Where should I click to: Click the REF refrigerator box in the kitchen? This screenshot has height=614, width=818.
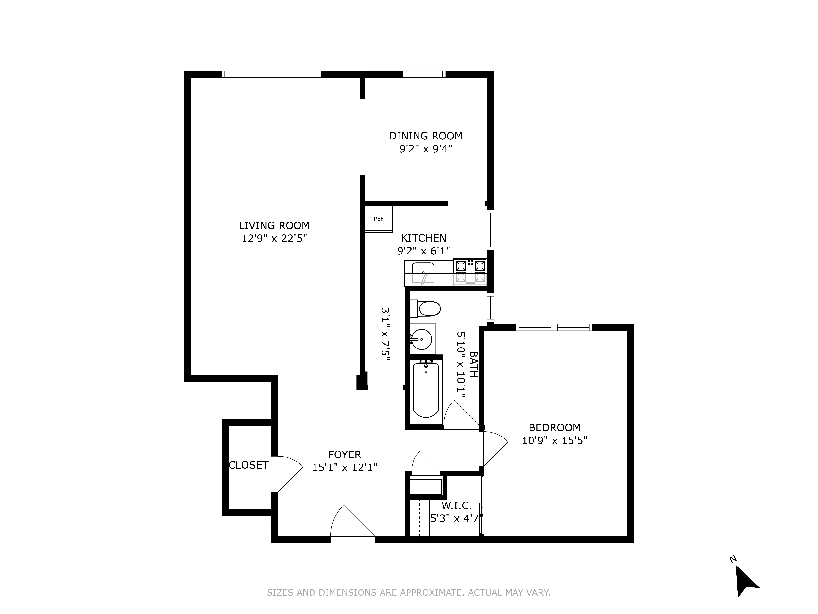tap(378, 219)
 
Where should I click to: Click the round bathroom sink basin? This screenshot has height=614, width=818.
tap(422, 339)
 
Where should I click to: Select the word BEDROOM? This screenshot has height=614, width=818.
tap(554, 427)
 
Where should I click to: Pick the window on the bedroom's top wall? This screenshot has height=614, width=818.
tap(554, 327)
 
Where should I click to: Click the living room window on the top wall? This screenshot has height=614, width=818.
tap(271, 74)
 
